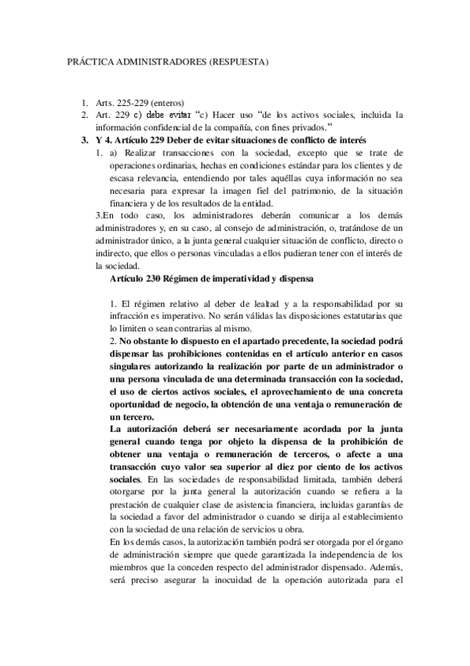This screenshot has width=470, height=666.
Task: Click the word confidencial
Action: [x=172, y=127]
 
